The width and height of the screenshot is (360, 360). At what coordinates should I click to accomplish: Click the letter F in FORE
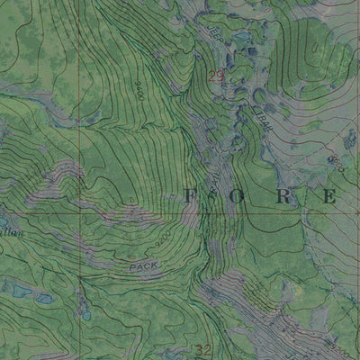[x=189, y=194]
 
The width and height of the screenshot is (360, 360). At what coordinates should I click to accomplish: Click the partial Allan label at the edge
[x=11, y=232]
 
